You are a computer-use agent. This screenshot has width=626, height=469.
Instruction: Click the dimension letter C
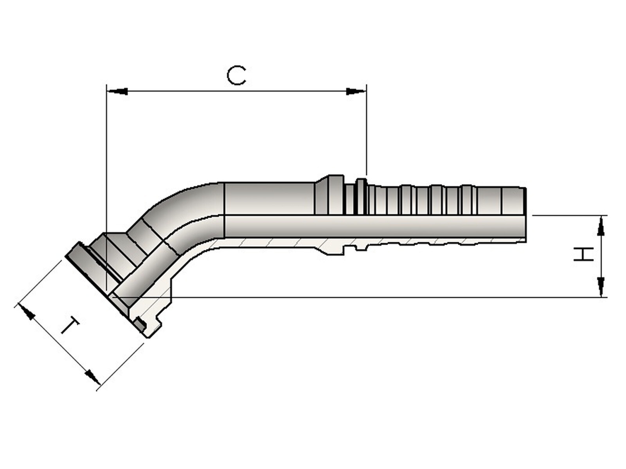click(x=236, y=76)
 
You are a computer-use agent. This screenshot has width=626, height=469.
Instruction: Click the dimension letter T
click(x=70, y=326)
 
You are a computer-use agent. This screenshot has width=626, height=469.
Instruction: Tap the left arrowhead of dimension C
click(x=117, y=91)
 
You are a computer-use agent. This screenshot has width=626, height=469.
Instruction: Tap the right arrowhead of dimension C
click(x=356, y=91)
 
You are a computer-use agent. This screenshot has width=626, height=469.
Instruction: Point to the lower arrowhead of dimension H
click(x=601, y=286)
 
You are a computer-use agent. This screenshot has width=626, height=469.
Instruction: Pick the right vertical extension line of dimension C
click(x=367, y=130)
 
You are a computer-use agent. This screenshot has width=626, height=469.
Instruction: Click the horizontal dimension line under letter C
click(x=236, y=91)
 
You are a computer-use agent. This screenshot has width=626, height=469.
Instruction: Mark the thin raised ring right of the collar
click(x=362, y=196)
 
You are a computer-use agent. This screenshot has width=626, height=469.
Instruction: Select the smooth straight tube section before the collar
click(x=270, y=198)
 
